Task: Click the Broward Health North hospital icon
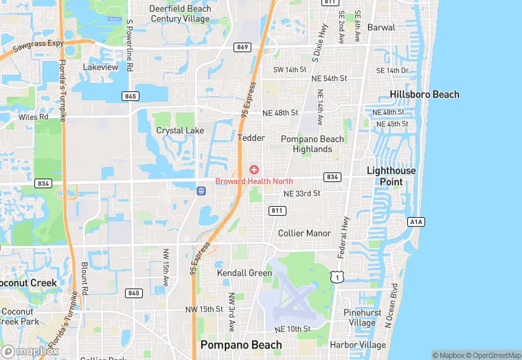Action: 254,170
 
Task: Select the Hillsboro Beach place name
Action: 424,94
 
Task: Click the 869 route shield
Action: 241,47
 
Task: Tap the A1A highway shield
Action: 415,222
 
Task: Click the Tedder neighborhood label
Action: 251,138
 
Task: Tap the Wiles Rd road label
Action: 33,117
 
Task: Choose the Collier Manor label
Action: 304,234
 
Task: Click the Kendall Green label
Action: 245,273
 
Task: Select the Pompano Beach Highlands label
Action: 312,144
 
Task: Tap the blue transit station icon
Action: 201,190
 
